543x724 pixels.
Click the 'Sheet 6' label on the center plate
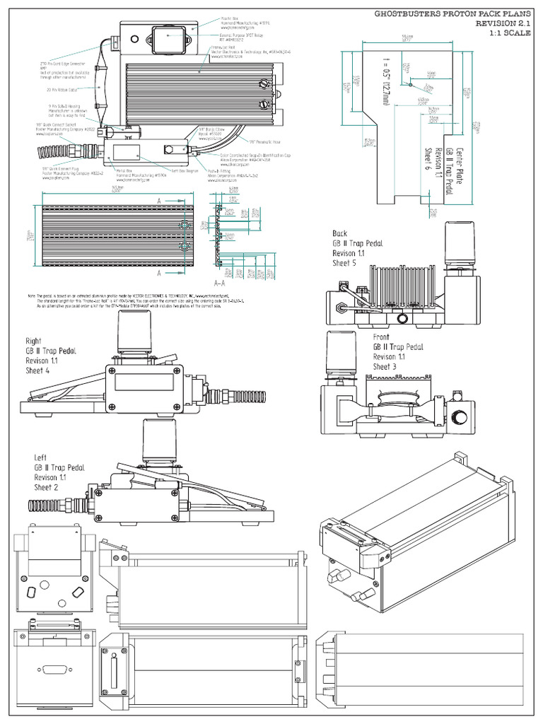pyautogui.click(x=427, y=160)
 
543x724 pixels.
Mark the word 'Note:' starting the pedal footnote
pyautogui.click(x=31, y=295)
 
